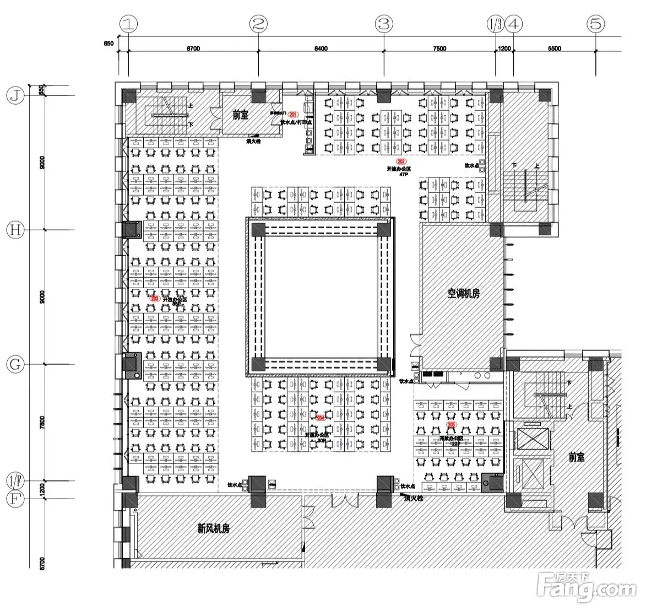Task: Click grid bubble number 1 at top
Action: [129, 24]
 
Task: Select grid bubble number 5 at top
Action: [596, 24]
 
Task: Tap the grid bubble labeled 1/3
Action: [495, 24]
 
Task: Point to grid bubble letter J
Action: [17, 96]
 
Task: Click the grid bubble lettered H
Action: [17, 230]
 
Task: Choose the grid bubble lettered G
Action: [17, 364]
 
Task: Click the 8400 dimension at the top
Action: [321, 48]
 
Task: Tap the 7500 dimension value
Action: [439, 48]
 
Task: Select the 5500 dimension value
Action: [555, 48]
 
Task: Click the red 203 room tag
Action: [155, 298]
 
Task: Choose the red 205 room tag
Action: [452, 425]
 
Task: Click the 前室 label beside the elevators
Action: [577, 457]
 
